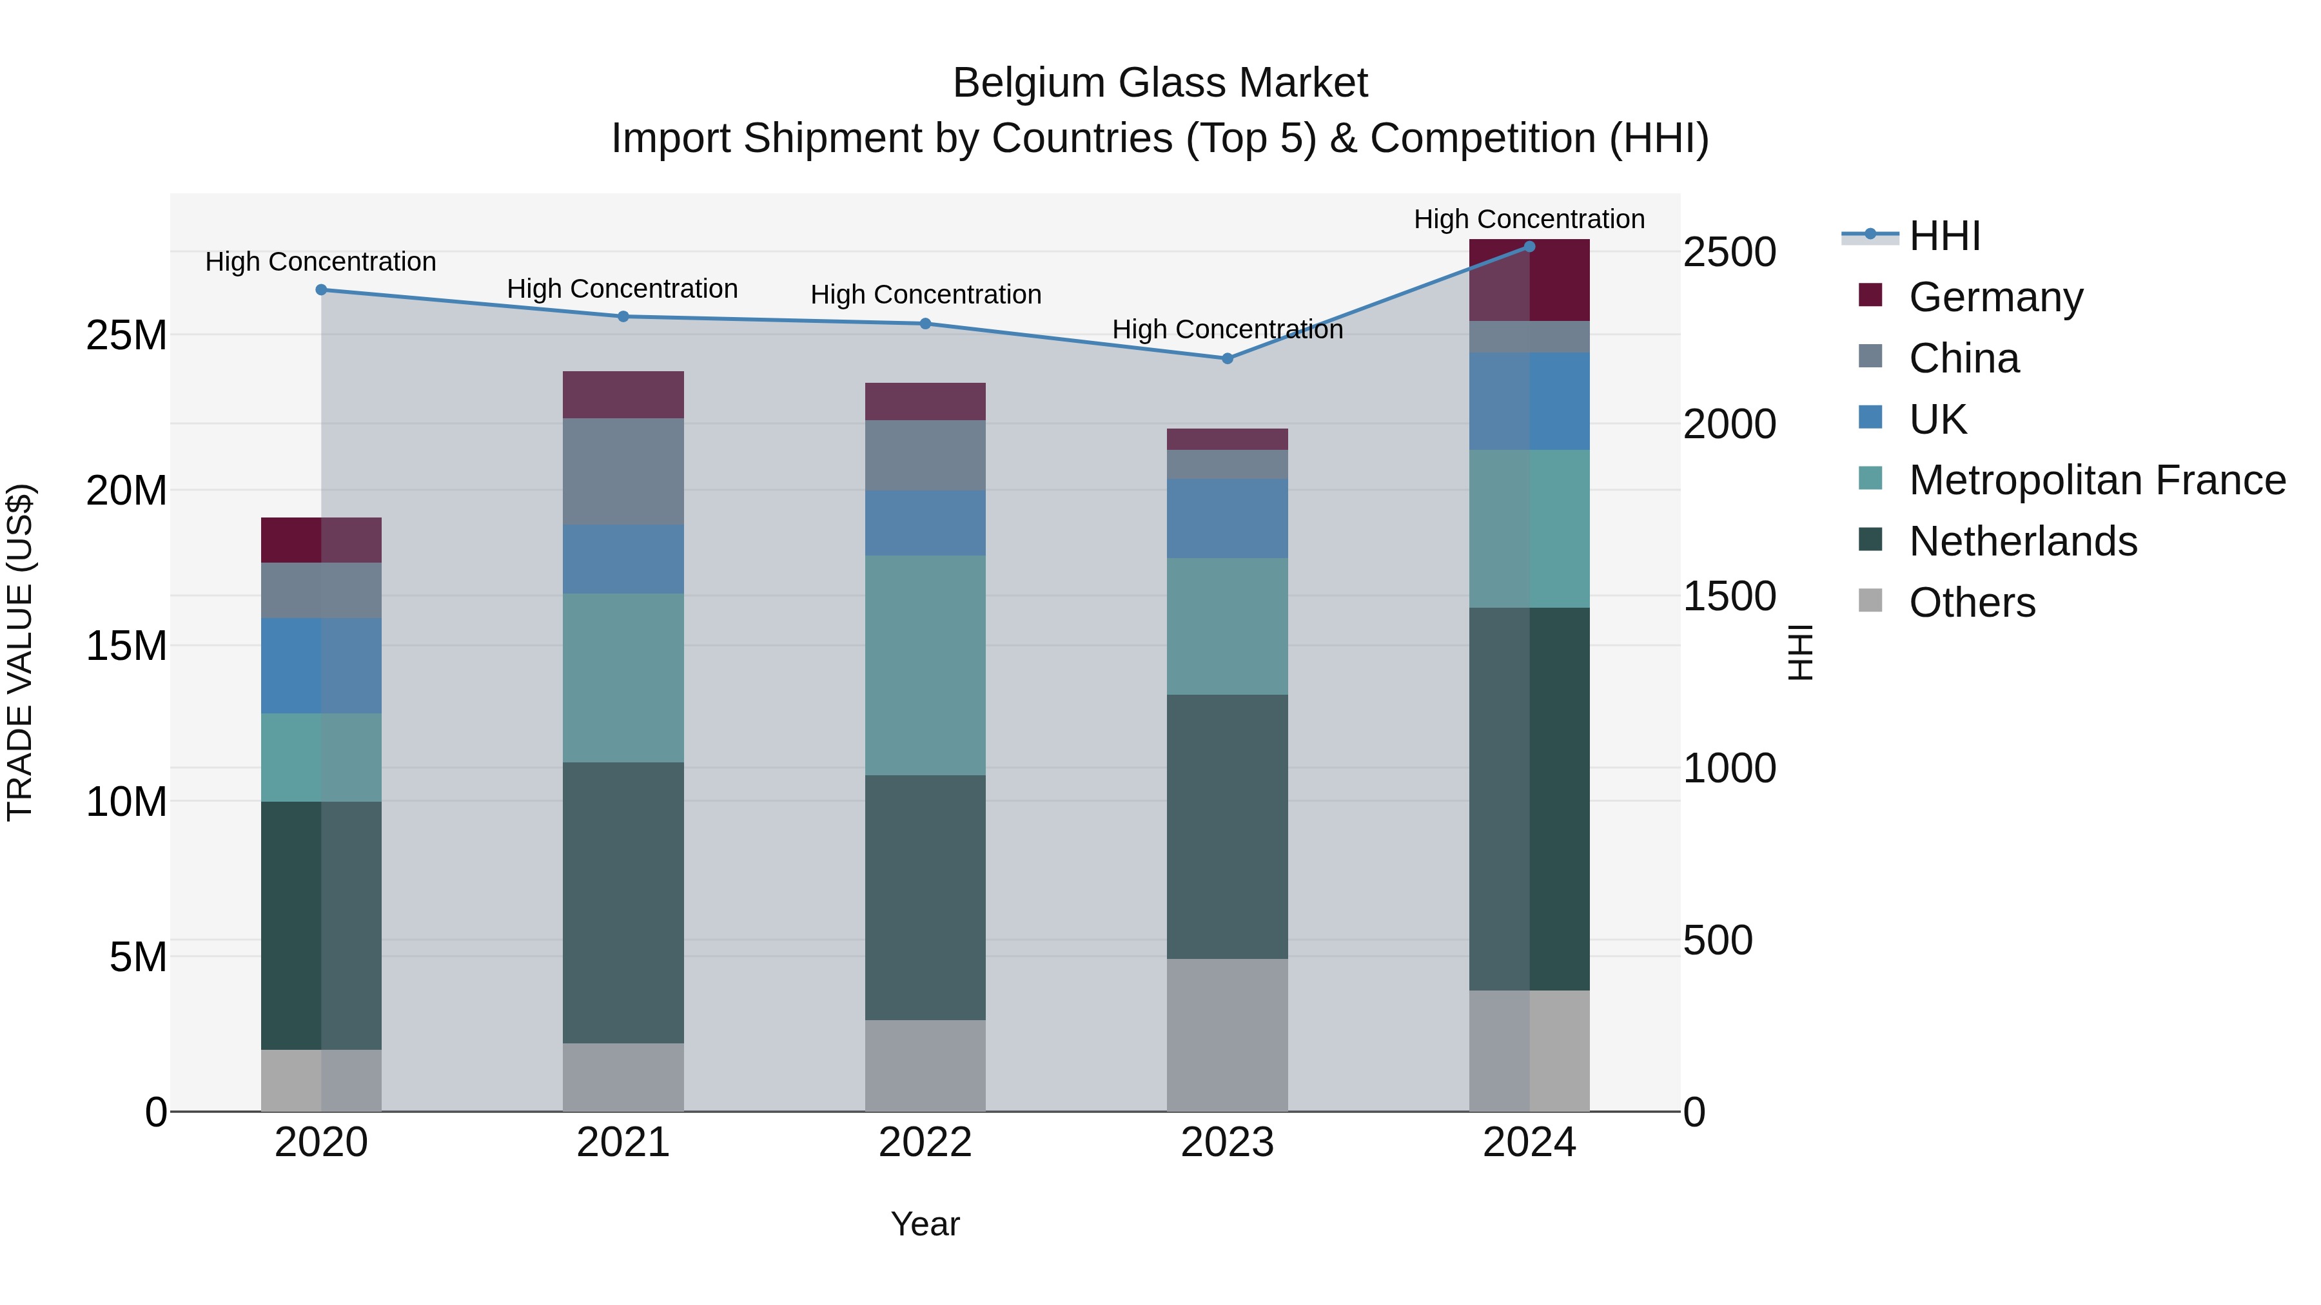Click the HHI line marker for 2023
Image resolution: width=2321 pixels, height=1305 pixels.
[x=1227, y=358]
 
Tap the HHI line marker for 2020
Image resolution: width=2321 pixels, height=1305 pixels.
[x=321, y=290]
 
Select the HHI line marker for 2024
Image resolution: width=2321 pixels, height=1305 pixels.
[x=1529, y=247]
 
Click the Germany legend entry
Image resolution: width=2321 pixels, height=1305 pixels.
[x=1995, y=297]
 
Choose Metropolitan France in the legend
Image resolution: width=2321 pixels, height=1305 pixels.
[x=2097, y=480]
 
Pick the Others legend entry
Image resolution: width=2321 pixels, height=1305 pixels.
[x=1972, y=603]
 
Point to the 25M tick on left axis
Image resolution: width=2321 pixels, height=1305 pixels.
[x=126, y=336]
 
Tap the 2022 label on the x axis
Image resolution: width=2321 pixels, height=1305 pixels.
[x=925, y=1143]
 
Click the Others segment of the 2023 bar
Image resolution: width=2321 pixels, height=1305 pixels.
[x=1227, y=1035]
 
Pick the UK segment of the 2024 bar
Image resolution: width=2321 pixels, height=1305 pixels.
[x=1529, y=401]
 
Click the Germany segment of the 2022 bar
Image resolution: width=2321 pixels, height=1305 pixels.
[x=925, y=401]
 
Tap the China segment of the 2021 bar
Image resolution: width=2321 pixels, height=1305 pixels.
[x=623, y=472]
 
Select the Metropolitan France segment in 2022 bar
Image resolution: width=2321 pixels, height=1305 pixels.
[x=925, y=666]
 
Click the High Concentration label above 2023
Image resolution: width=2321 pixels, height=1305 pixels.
[x=1227, y=329]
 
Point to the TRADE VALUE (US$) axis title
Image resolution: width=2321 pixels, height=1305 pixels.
[x=20, y=652]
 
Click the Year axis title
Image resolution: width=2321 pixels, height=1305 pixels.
[x=925, y=1224]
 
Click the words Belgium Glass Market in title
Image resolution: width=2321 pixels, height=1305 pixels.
[x=1160, y=83]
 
